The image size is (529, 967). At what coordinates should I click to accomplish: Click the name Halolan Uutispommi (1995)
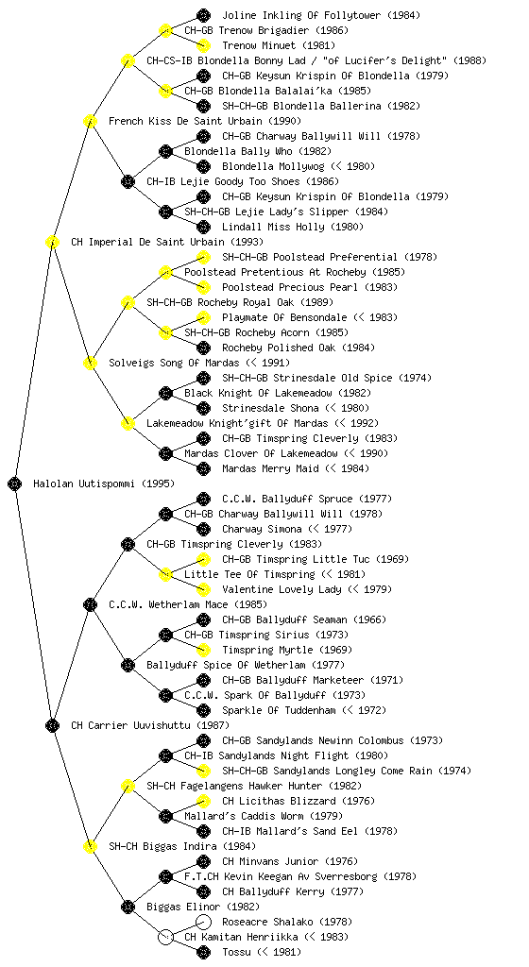[104, 484]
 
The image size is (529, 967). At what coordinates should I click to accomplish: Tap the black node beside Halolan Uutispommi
[15, 484]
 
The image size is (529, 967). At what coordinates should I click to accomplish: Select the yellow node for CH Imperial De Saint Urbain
[52, 243]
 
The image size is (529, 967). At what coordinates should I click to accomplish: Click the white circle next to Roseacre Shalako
[203, 922]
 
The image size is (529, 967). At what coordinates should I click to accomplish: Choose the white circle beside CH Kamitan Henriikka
[165, 938]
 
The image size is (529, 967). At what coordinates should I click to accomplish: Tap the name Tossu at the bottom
[236, 952]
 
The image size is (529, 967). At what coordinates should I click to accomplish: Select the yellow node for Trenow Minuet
[203, 45]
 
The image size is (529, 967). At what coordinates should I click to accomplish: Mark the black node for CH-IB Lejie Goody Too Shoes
[128, 182]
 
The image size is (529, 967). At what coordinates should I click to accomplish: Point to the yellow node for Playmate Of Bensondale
[203, 317]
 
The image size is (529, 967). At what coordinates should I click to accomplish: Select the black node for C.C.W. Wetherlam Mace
[90, 605]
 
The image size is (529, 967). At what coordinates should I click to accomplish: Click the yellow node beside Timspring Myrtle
[203, 650]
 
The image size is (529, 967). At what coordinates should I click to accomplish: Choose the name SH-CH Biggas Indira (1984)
[182, 847]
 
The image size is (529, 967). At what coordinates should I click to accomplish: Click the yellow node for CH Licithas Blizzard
[203, 801]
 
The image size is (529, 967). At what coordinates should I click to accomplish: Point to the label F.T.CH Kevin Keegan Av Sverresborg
[281, 877]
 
